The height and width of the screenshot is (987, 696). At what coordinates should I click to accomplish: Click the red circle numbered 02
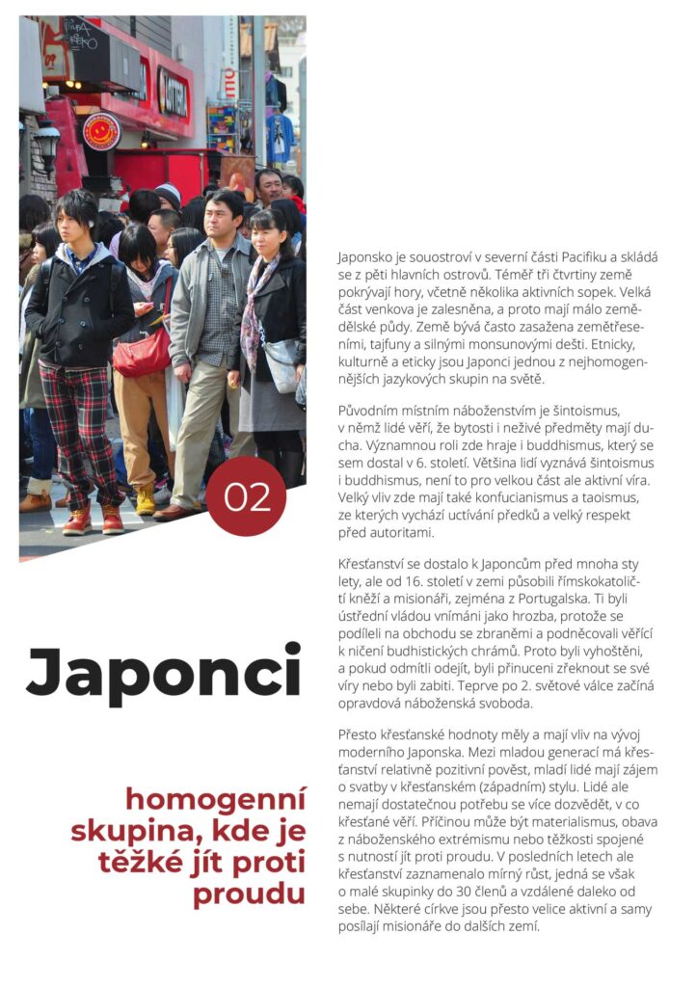(x=245, y=496)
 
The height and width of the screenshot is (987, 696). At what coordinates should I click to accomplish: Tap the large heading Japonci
(x=163, y=674)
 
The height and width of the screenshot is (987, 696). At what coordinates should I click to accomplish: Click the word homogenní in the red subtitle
(x=215, y=799)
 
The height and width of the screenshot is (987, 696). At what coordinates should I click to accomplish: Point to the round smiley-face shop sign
(x=101, y=131)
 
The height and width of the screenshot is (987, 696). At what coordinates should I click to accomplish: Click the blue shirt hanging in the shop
(x=281, y=135)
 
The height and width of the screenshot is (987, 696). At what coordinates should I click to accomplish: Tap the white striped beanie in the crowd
(x=169, y=193)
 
